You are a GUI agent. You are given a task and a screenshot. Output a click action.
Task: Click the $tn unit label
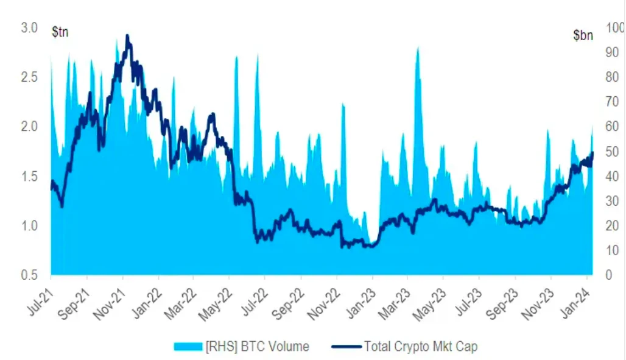click(x=60, y=32)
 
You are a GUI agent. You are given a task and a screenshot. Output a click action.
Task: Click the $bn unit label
click(x=583, y=35)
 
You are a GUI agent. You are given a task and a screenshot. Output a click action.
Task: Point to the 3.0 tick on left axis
click(x=29, y=28)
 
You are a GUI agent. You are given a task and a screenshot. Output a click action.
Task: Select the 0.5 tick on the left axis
click(x=29, y=275)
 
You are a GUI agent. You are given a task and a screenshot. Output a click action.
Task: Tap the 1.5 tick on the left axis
click(x=29, y=177)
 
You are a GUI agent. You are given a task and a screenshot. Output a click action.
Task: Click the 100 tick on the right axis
click(x=614, y=28)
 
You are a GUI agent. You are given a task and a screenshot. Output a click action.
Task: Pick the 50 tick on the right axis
click(x=611, y=152)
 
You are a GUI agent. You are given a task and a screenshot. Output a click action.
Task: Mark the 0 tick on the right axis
click(x=608, y=275)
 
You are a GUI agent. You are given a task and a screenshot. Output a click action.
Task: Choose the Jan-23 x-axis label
click(x=362, y=302)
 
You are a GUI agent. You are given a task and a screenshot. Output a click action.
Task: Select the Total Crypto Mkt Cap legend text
click(x=421, y=347)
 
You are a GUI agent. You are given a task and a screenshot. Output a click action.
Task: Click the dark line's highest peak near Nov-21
click(x=127, y=35)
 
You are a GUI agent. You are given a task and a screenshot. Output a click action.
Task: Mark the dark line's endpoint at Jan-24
click(x=593, y=153)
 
